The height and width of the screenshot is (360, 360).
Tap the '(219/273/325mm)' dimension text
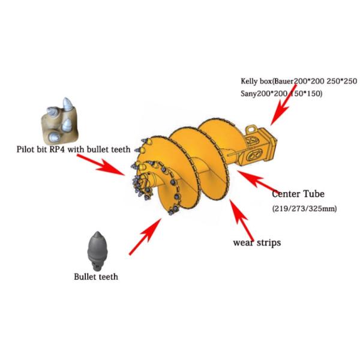(x=301, y=208)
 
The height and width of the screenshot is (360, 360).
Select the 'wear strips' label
(x=257, y=243)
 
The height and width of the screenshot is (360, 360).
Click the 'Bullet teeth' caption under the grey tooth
(x=96, y=277)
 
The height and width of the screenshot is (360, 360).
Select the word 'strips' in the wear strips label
(x=269, y=243)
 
